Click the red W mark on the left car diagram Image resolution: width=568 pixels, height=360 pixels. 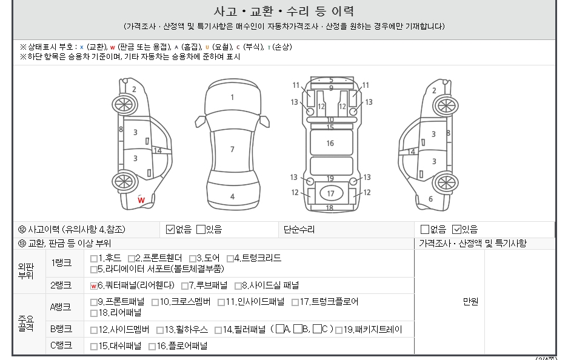[x=141, y=199]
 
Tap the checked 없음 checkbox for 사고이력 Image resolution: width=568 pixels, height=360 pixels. [x=170, y=229]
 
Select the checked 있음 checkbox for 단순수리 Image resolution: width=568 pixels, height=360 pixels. [x=457, y=229]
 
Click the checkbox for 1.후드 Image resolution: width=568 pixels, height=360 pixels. [x=94, y=259]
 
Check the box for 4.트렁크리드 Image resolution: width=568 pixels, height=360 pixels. [x=230, y=259]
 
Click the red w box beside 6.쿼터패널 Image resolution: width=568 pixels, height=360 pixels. [x=94, y=286]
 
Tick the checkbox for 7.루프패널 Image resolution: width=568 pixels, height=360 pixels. [x=185, y=286]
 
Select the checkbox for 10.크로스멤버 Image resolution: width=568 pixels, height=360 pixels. [x=155, y=302]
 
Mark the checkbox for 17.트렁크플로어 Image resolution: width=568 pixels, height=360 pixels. [x=295, y=302]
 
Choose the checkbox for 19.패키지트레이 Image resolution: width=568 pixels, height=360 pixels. [x=339, y=330]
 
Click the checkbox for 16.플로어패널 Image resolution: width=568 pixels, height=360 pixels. [x=152, y=347]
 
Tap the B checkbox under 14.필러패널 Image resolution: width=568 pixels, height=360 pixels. [x=298, y=329]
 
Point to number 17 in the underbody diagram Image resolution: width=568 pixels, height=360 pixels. [x=330, y=194]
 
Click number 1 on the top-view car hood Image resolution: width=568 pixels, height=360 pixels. [x=232, y=97]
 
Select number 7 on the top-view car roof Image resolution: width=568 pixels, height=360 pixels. [x=232, y=149]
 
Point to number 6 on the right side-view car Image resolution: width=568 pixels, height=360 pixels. [x=430, y=199]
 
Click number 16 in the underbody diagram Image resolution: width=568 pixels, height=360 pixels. [x=330, y=144]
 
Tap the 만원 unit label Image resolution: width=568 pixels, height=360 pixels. [x=470, y=301]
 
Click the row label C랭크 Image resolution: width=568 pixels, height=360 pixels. [x=61, y=345]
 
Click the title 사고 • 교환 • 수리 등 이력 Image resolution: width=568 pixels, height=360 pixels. [x=284, y=12]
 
